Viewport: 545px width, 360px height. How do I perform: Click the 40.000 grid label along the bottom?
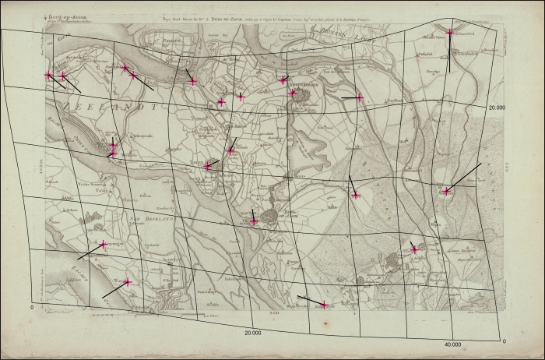[x=452, y=344]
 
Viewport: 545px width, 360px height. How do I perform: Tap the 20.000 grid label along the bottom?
[x=251, y=333]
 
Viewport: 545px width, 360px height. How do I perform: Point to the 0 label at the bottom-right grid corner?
[x=504, y=341]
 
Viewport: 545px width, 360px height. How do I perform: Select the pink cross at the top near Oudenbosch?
[x=450, y=32]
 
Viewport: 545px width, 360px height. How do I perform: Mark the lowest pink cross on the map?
[x=325, y=305]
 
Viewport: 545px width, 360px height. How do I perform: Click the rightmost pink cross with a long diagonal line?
[x=446, y=191]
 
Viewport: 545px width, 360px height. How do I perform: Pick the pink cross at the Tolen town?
[x=207, y=165]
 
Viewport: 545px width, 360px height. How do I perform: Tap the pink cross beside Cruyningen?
[x=104, y=245]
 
